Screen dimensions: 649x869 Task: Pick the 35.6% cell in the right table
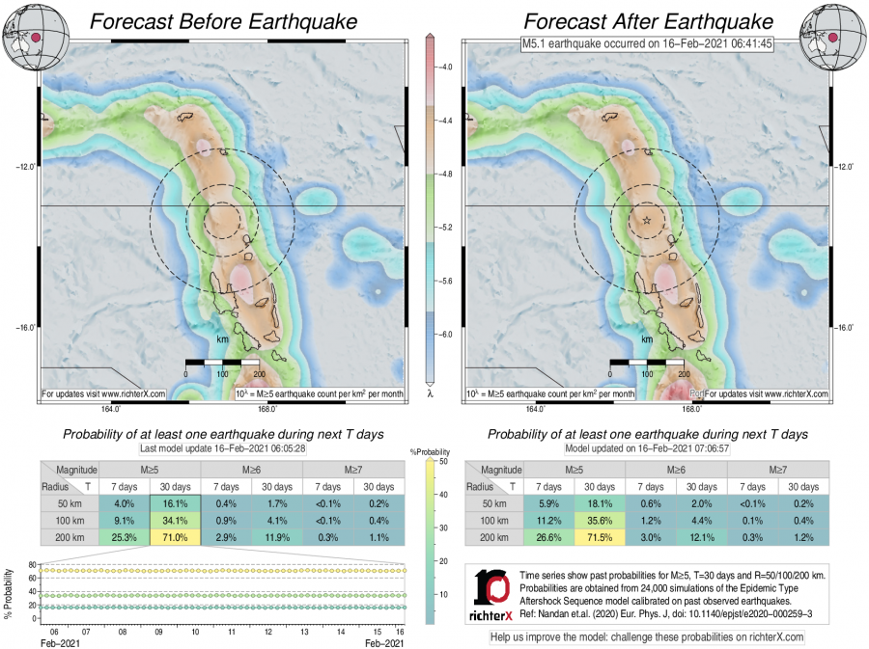[x=600, y=519]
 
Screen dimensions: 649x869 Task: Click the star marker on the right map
[x=647, y=221]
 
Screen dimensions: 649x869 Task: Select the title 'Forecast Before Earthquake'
[x=222, y=21]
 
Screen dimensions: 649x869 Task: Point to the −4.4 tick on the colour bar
[x=446, y=121]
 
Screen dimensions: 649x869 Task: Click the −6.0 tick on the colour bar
[x=446, y=334]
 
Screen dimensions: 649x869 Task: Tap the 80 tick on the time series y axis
[x=32, y=564]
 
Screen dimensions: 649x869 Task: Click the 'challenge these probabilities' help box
[x=647, y=636]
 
